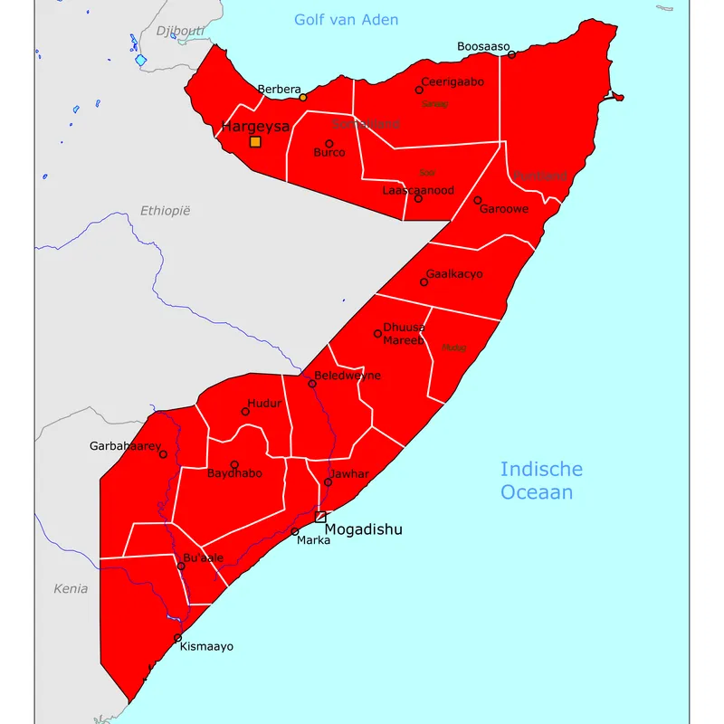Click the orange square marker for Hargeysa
tap(255, 141)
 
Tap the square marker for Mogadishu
tap(320, 517)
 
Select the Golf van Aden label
tap(347, 20)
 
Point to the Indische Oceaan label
tap(541, 481)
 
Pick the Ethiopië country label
tap(166, 211)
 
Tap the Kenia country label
tap(71, 589)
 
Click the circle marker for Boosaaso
tap(511, 55)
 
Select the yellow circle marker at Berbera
tap(303, 98)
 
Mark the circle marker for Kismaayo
tap(177, 638)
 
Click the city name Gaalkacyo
tap(454, 273)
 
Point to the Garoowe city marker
tap(478, 200)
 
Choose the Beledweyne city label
tap(348, 376)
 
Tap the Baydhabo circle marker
tap(234, 465)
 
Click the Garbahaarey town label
tap(125, 446)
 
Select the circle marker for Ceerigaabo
tap(419, 90)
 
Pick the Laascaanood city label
tap(418, 191)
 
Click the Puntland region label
tap(540, 176)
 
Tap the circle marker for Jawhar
tap(328, 482)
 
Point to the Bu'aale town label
tap(203, 557)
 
